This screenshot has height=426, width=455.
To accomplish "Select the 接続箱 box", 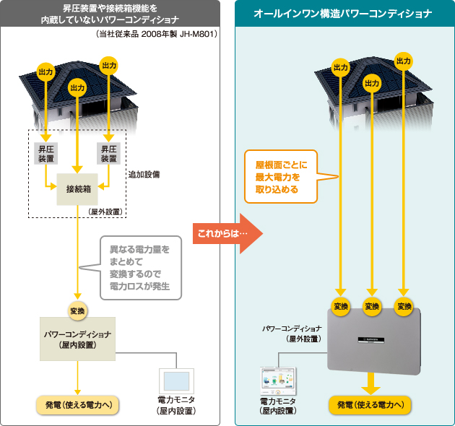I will (77, 189).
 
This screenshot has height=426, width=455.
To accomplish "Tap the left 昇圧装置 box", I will (46, 153).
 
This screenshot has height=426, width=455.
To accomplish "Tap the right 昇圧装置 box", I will (109, 153).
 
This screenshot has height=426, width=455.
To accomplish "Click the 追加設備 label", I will (144, 175).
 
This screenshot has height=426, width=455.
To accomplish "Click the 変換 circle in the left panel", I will (77, 311).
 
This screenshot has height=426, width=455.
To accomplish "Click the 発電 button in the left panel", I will (77, 404).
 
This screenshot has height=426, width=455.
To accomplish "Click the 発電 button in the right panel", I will (370, 404).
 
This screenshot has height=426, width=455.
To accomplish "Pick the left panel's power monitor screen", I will (176, 381).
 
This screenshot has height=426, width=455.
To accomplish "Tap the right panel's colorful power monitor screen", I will (278, 380).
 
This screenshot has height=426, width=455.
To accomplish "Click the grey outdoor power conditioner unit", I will (373, 339).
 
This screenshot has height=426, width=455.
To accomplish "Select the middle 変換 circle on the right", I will (371, 305).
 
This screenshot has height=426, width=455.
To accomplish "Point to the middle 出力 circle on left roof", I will (78, 87).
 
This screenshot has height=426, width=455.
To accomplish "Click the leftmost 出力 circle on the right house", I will (340, 67).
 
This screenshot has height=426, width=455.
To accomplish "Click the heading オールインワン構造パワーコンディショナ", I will (344, 14).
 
